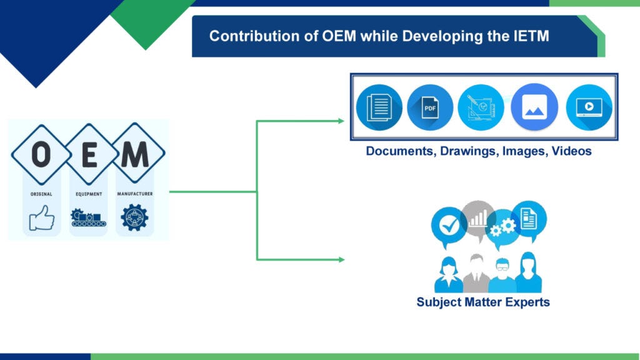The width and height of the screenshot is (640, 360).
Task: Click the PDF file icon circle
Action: tap(430, 107)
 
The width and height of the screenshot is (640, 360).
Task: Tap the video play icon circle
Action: tap(589, 107)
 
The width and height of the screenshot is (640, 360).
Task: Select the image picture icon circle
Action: tap(534, 107)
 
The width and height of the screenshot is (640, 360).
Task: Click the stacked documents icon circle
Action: tap(379, 107)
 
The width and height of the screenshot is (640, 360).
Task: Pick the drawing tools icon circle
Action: tap(481, 107)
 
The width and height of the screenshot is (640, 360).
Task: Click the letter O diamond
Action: tap(41, 154)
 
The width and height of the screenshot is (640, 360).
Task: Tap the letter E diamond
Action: tap(89, 154)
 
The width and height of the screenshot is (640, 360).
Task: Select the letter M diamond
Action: tap(136, 154)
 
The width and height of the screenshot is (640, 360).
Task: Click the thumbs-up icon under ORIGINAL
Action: tap(42, 217)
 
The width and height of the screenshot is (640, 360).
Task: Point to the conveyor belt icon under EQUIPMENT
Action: tap(88, 217)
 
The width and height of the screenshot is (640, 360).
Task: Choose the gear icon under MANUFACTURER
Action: tap(135, 217)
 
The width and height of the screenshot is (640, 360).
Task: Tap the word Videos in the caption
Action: tap(571, 151)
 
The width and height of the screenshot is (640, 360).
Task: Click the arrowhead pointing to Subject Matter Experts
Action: tap(342, 259)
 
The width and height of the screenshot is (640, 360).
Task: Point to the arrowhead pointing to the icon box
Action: tap(341, 121)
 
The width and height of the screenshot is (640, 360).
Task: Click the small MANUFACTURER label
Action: tap(135, 194)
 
